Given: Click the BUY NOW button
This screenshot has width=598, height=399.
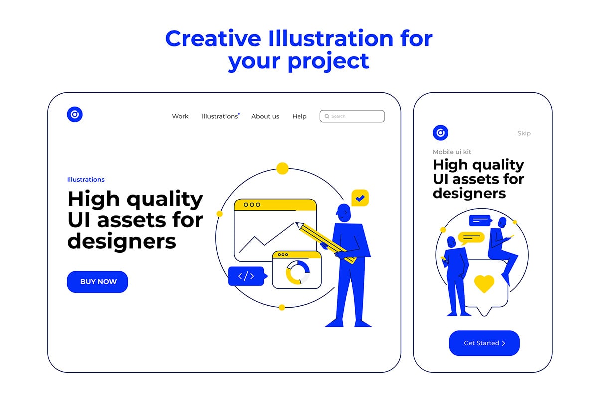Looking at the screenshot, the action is click(97, 282).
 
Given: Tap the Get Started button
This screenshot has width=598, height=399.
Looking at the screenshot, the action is click(484, 343).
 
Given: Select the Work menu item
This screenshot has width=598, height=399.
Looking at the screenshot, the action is click(180, 116).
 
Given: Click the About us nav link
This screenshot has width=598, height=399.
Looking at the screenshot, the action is click(265, 116).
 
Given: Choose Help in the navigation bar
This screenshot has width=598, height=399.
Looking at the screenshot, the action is click(299, 116).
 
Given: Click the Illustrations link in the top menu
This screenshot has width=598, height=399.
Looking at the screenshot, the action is click(220, 116).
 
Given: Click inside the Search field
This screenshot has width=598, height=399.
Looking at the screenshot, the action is click(352, 116).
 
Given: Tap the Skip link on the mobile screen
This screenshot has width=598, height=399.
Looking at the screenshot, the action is click(524, 133).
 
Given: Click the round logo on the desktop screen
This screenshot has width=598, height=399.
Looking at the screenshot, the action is click(75, 114).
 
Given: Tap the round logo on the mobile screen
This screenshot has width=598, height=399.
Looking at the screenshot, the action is click(440, 133).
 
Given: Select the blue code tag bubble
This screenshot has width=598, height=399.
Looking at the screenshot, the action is click(247, 276).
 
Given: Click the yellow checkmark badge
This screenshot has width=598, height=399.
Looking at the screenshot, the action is click(360, 198).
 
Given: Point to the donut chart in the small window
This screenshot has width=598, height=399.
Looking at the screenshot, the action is click(298, 273).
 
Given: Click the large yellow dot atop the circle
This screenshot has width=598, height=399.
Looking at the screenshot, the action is click(282, 169).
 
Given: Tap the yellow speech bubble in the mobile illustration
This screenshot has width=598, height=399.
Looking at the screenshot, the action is click(471, 238).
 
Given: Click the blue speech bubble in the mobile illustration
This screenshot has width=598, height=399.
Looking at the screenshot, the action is click(480, 221).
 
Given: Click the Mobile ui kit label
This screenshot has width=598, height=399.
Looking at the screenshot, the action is click(451, 152).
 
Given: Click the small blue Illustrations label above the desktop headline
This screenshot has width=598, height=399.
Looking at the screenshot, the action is click(86, 180).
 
